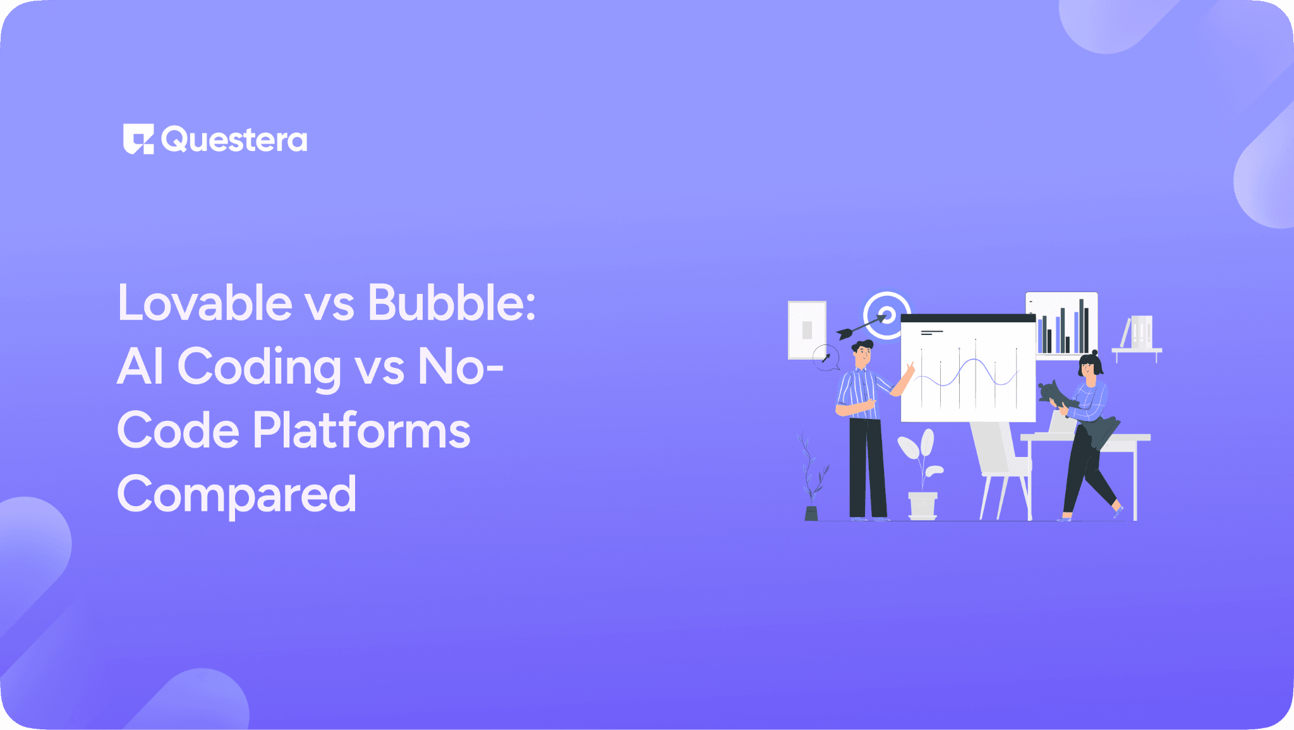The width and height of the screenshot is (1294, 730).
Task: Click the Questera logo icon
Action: pos(138,139)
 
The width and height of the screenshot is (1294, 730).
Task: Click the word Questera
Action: pos(234,140)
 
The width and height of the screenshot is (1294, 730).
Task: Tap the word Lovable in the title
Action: pos(205,303)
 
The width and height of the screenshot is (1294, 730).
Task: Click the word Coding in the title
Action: pos(259,367)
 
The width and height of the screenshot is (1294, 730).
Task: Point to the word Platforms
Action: pos(361,430)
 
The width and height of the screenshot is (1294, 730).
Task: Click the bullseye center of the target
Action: pos(887,315)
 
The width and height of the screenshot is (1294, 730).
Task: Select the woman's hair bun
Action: pos(1095,353)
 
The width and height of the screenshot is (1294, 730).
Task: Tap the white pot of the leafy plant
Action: pos(922,506)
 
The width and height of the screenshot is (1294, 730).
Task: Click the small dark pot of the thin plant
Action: pos(811,513)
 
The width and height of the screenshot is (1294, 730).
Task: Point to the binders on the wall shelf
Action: pos(1141,332)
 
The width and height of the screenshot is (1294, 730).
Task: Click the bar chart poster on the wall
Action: pos(1061,324)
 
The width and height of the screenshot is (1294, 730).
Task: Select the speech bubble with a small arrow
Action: pos(826,358)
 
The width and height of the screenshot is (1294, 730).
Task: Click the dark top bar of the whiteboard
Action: pos(967,318)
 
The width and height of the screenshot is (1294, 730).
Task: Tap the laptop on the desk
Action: pos(1061,423)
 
